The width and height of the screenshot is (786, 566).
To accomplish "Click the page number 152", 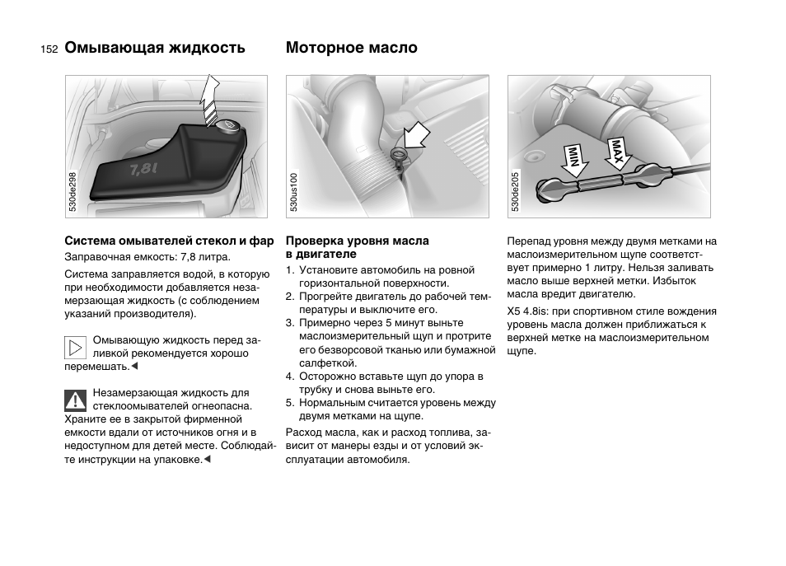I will coord(48,49).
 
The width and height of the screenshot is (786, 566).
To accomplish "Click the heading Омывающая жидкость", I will coord(155,48).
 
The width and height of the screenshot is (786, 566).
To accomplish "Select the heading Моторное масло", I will coord(352,48).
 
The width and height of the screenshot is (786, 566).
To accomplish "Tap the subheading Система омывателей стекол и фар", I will coord(170,241).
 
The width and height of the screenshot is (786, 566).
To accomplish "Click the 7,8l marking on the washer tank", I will coord(144,170).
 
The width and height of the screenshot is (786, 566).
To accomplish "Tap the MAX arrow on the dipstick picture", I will coord(617,155).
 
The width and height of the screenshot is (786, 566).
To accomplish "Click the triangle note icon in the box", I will coord(76,348).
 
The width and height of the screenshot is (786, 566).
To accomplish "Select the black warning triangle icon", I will coord(76,400).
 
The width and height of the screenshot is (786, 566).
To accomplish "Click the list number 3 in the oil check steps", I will coord(290,323).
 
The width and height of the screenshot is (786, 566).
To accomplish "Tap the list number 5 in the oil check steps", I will coord(290,403).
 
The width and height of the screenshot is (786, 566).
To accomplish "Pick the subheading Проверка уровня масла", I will coord(357,241).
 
